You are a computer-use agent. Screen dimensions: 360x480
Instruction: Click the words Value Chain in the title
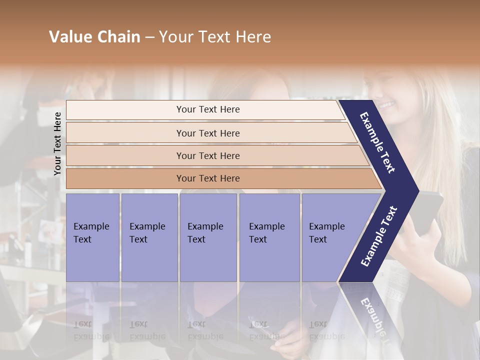coord(94,37)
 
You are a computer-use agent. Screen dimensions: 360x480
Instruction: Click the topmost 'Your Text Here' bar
coord(207,109)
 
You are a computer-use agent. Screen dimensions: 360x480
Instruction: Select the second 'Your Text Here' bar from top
coord(207,133)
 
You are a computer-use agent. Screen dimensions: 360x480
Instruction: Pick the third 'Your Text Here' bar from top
coord(207,155)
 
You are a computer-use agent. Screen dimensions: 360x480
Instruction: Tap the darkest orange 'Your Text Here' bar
coord(207,178)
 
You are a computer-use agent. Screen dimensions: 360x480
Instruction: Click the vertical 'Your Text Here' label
coord(57,143)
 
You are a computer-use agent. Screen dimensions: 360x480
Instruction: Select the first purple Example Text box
coord(92,237)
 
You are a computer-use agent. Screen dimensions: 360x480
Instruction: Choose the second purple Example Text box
coord(149,237)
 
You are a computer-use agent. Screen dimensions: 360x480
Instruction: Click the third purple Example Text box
coord(207,237)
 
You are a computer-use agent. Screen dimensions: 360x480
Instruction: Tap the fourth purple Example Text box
coord(269,237)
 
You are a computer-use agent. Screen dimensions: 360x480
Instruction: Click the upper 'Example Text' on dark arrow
coord(377,142)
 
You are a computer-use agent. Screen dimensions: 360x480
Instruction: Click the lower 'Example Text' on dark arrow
coord(378,236)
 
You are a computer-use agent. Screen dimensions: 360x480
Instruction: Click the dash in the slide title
coord(149,37)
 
